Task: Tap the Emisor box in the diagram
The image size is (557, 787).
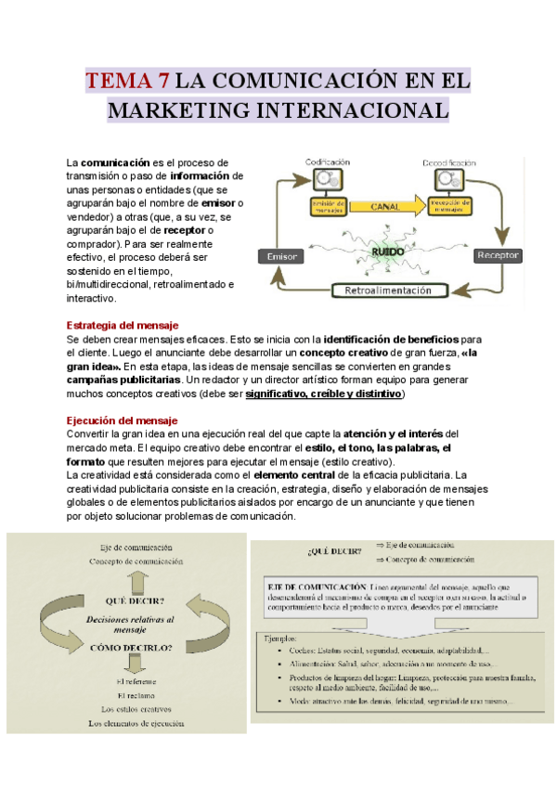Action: point(280,256)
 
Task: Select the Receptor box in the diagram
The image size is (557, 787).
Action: point(497,254)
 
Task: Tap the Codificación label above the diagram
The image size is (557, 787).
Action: point(328,162)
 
